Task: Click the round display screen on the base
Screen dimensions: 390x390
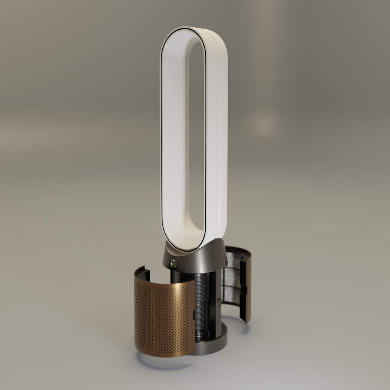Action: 174,263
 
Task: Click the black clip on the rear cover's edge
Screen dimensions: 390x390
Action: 243,289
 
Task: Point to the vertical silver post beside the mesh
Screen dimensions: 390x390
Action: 218,305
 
